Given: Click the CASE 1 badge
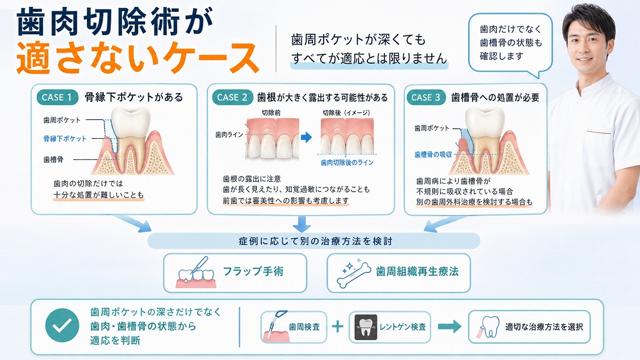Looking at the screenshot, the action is point(57,97).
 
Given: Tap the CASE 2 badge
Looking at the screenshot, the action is point(232,97).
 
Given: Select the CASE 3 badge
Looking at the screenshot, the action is point(426,97).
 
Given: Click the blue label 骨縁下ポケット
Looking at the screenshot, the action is point(65,139).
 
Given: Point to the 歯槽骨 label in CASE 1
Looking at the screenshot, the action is point(54,159).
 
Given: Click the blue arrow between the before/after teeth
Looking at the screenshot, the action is point(306,137).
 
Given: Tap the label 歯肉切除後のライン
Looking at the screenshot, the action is point(347,162).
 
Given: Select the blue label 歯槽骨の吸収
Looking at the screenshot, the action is point(433,155).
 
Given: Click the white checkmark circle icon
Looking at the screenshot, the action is point(62,325).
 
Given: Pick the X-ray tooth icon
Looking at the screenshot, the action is point(366,327).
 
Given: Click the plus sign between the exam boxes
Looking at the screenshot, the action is point(337,326).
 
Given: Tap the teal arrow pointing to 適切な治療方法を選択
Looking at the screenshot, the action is point(449,326).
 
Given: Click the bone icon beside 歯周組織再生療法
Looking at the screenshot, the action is point(354,271).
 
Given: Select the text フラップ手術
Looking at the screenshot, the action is point(253,271).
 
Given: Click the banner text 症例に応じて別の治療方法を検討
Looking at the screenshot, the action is point(316,241).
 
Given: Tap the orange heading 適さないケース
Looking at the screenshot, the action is point(138,58).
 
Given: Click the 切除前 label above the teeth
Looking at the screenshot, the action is point(271,112).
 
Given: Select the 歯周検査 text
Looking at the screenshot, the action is point(304,327).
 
